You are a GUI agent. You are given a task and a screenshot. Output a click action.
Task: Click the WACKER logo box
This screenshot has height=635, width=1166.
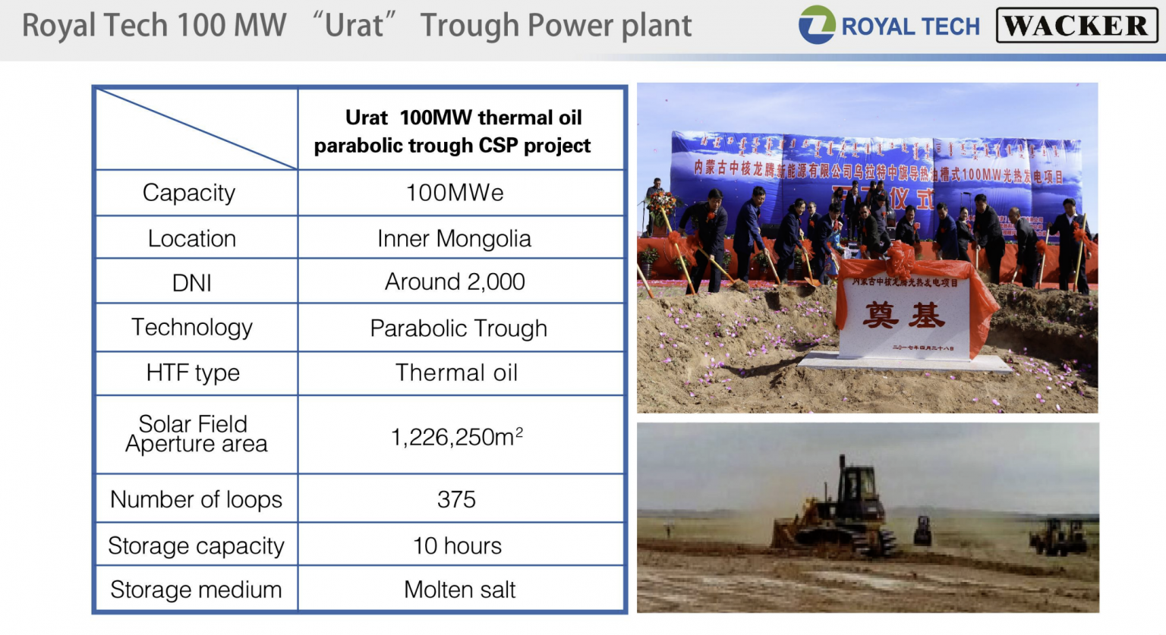(x=1076, y=26)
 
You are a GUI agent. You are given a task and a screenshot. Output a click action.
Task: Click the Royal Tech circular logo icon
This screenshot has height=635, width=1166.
(x=817, y=25)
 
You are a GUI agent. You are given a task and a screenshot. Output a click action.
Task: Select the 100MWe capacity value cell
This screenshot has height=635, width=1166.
(x=455, y=193)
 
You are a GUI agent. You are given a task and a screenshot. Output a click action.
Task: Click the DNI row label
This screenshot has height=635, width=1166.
(x=192, y=283)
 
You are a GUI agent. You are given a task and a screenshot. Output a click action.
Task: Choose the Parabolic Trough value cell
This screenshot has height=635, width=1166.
(x=459, y=328)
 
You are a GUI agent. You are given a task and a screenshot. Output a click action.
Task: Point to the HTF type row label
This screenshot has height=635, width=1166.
(x=193, y=373)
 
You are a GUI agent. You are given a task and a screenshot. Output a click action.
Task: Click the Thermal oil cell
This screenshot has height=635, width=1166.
(x=456, y=373)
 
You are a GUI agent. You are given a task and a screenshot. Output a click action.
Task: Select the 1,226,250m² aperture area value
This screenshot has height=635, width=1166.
(x=457, y=437)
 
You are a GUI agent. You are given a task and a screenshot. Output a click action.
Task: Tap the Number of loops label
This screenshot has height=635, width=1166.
(x=196, y=499)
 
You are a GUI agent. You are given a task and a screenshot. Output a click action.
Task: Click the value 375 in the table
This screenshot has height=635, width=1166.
(x=456, y=499)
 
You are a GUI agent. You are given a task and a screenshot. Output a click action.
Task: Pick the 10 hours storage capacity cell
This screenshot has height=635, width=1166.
(x=457, y=545)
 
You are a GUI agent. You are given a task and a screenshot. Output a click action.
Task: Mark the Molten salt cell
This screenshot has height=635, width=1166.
(x=459, y=589)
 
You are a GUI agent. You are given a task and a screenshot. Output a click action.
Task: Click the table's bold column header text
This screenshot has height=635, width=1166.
(x=453, y=131)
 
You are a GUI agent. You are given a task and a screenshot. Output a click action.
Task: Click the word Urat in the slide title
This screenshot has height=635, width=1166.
(x=354, y=25)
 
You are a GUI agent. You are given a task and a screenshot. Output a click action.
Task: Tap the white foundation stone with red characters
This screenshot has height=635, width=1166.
(x=903, y=317)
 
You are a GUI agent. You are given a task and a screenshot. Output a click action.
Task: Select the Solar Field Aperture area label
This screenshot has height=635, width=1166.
(x=196, y=434)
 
